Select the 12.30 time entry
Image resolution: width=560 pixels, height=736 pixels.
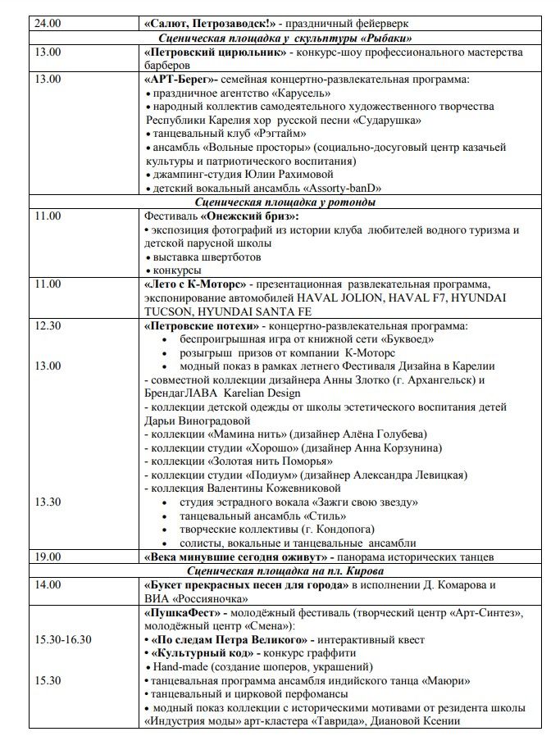(x=48, y=325)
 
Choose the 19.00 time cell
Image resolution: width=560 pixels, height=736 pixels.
(x=47, y=557)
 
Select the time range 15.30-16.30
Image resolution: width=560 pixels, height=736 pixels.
(x=63, y=639)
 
